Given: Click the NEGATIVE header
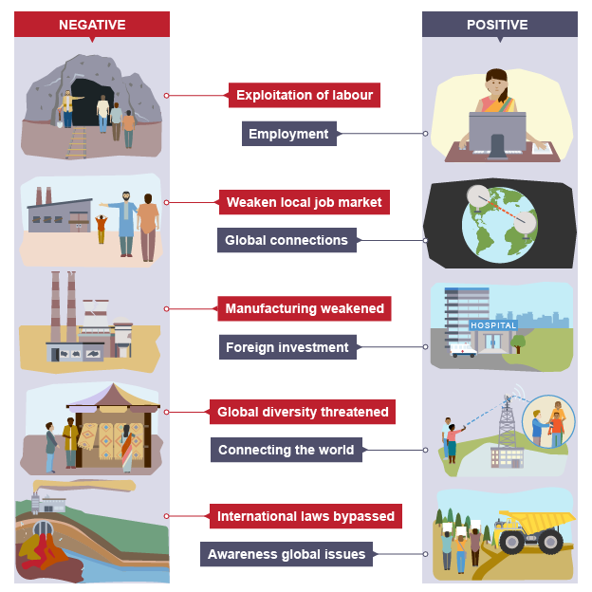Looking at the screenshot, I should tap(91, 25).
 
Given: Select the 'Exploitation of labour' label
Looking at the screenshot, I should tap(304, 95).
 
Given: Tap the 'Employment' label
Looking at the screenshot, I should tap(288, 134).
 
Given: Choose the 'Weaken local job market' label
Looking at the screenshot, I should tap(304, 202).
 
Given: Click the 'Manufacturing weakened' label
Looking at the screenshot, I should tap(304, 308).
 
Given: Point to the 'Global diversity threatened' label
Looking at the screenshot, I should tap(303, 412).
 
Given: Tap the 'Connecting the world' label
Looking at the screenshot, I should tap(286, 450).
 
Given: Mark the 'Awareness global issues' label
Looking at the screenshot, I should tap(286, 555).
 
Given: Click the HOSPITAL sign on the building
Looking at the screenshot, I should tap(493, 325).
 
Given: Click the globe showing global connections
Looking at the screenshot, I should tap(499, 225).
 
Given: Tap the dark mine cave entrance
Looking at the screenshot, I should tap(96, 101).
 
